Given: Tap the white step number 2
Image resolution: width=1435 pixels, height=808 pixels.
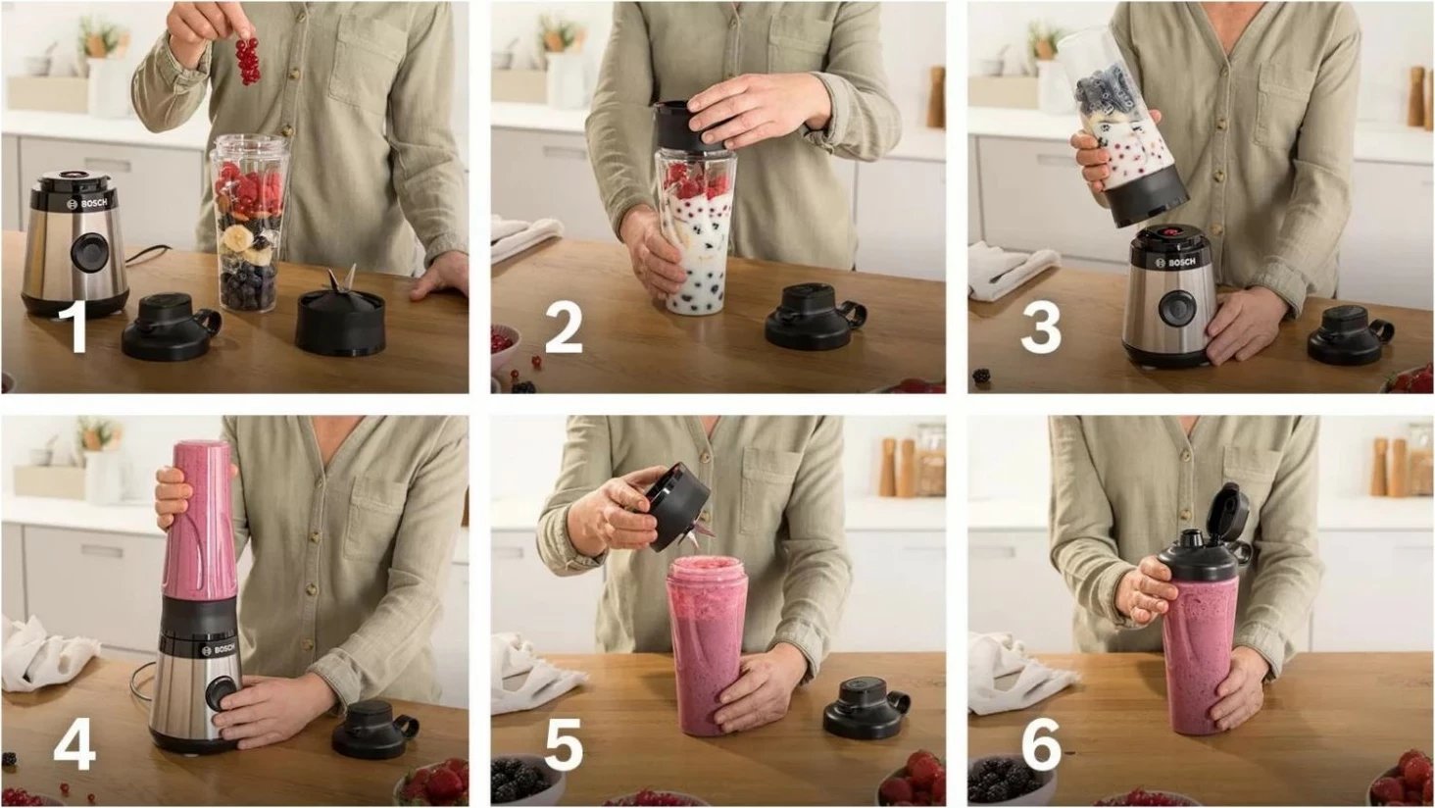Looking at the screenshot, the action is coord(563,328).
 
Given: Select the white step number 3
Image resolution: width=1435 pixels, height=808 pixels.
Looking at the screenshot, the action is coord(1040,328).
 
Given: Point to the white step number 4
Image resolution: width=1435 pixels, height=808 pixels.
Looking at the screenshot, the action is coord(74,743).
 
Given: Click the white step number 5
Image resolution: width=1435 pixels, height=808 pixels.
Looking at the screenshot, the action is coord(564,743).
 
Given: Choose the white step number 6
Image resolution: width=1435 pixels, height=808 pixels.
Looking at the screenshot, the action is coord(1042,743).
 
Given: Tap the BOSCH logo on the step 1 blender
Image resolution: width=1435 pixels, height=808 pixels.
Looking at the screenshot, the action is coord(88,204).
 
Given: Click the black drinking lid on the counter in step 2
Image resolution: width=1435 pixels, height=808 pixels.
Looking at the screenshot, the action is coord(814,317).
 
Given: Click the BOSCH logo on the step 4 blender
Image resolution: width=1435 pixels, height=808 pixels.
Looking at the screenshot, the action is coord(220,649).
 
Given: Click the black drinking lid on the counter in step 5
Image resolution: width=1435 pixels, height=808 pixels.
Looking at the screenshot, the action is coord(865,709).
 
